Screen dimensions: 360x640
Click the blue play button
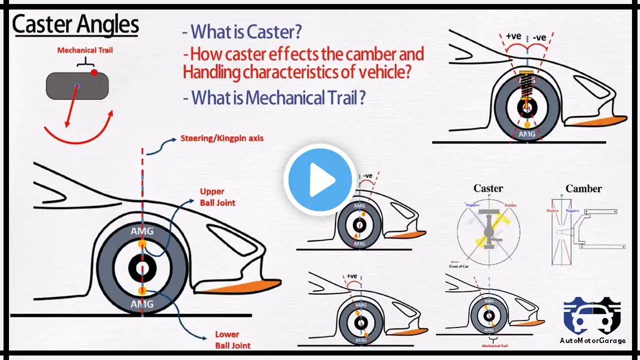[x=320, y=179]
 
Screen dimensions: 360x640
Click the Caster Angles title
[x=75, y=25]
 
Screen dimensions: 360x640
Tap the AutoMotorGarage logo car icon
[x=592, y=316]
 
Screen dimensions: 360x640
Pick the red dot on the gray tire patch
[x=94, y=73]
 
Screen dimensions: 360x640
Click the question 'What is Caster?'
[x=242, y=32]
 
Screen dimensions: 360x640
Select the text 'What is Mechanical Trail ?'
[x=274, y=97]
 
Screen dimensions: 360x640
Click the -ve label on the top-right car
[x=539, y=37]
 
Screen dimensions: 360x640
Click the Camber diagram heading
[x=583, y=188]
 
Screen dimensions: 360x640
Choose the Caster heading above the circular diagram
[x=488, y=188]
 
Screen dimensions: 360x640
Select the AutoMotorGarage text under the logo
[x=592, y=340]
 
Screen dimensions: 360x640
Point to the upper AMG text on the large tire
[x=142, y=231]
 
